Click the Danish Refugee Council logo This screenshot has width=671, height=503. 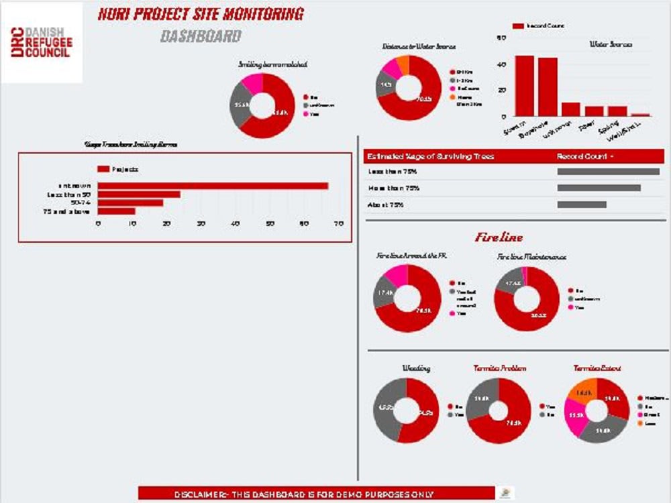(42, 42)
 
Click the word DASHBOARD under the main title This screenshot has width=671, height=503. (201, 36)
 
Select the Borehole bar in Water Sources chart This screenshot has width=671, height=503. (548, 87)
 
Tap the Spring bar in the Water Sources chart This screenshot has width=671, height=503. (617, 111)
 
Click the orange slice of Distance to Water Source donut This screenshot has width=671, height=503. (401, 65)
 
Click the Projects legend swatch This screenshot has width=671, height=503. (103, 169)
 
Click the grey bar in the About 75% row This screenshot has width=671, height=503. (582, 205)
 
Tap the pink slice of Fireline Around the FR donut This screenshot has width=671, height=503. (396, 274)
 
